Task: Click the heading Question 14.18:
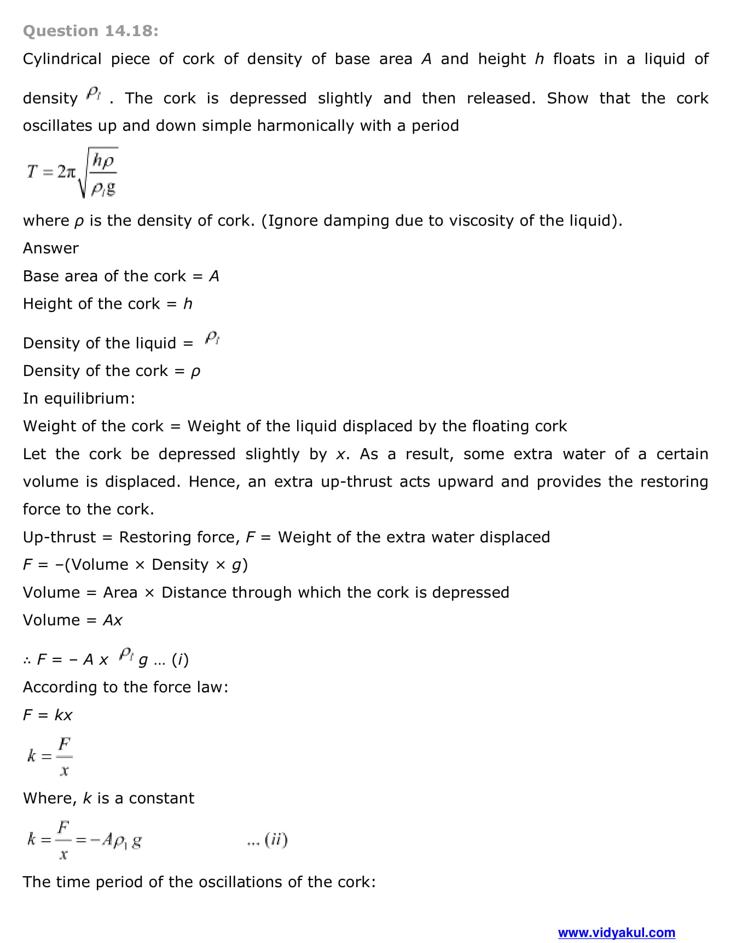(x=91, y=31)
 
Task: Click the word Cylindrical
(x=62, y=59)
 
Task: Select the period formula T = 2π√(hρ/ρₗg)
(x=72, y=172)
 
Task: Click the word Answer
(x=51, y=248)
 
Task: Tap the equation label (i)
(x=180, y=659)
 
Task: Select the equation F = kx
(x=48, y=715)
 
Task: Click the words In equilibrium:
(x=79, y=398)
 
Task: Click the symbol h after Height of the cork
(x=188, y=304)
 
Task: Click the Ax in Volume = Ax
(x=113, y=621)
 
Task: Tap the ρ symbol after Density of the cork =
(x=195, y=372)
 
